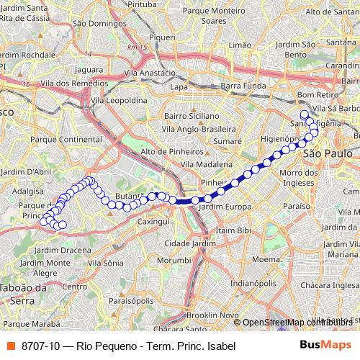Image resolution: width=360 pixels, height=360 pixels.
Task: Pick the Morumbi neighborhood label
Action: click(174, 258)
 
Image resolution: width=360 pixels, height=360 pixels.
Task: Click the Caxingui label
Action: click(162, 222)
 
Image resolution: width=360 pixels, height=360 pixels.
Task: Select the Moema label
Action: click(266, 258)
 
